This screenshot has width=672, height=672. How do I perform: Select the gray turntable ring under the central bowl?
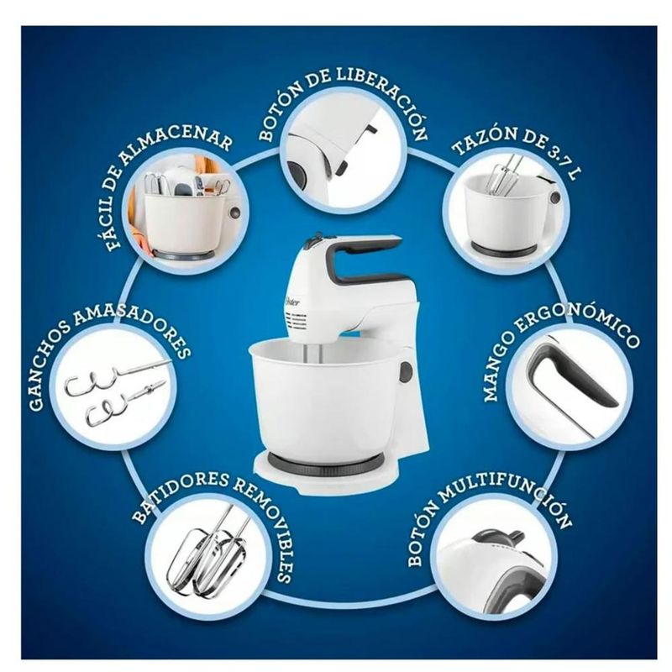click(326, 462)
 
